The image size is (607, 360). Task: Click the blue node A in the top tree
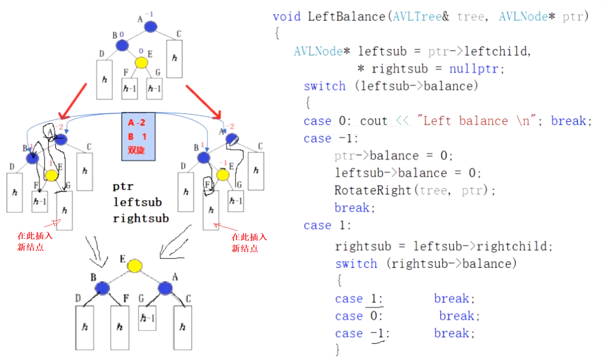coord(150,27)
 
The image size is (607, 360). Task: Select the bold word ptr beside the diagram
coord(123,186)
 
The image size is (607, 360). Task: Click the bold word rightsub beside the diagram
coord(140,219)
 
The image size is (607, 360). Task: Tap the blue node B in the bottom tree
coord(103,288)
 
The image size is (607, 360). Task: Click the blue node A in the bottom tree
coord(165,288)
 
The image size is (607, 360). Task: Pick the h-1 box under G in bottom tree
coord(147,318)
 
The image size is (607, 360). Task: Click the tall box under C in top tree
coord(174,58)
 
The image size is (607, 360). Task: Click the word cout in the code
coord(373,121)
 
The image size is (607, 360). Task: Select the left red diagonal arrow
coord(75,101)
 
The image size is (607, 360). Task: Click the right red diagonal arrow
coord(203,101)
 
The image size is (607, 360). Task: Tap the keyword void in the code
coord(286,17)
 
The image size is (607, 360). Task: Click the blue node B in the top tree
coord(122,45)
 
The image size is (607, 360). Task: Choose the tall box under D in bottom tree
coord(85,328)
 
